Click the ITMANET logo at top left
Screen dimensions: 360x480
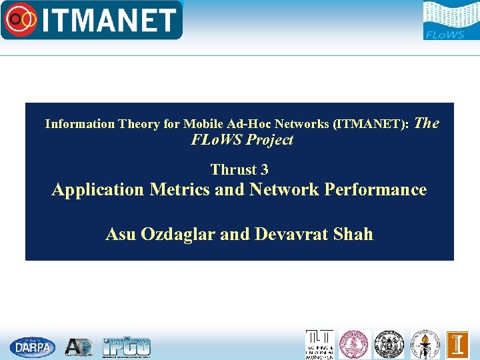91,20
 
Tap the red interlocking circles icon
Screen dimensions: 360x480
21,21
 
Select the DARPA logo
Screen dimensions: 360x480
33,347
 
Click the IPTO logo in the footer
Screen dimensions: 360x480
127,347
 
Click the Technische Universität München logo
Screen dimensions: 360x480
319,345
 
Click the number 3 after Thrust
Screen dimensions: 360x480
264,169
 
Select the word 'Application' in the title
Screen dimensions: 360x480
98,190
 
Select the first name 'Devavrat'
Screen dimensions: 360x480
288,234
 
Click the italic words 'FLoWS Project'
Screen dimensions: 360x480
242,140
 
